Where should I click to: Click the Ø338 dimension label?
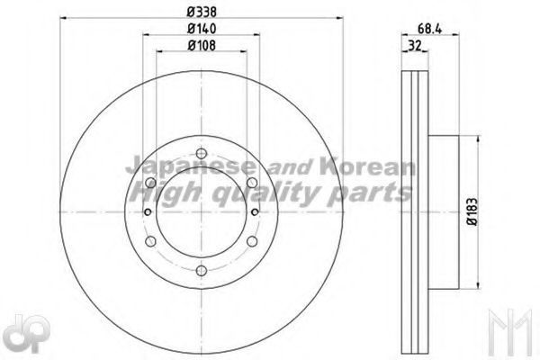pos(202,12)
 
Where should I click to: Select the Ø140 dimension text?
pos(202,29)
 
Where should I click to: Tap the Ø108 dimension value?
pos(202,45)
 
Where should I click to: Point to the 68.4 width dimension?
pos(429,29)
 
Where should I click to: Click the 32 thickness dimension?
pos(415,45)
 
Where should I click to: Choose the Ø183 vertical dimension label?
pos(472,211)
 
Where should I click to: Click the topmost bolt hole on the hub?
pos(202,153)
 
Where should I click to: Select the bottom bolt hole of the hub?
pos(202,270)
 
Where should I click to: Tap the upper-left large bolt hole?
pos(150,183)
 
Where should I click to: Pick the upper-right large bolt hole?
pos(252,183)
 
